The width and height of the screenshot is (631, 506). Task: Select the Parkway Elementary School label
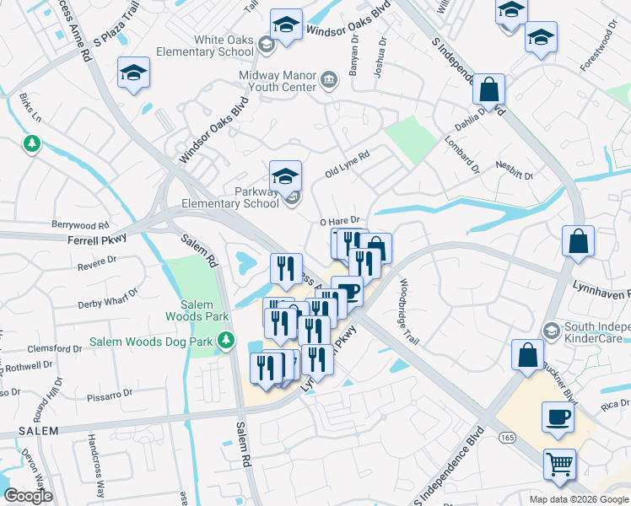coord(230,197)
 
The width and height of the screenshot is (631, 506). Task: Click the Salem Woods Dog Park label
coord(150,342)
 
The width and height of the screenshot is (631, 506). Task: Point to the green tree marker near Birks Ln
coord(32,144)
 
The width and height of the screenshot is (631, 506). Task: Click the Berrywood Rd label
coord(81,225)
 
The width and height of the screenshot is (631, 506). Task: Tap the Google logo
coord(28,496)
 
